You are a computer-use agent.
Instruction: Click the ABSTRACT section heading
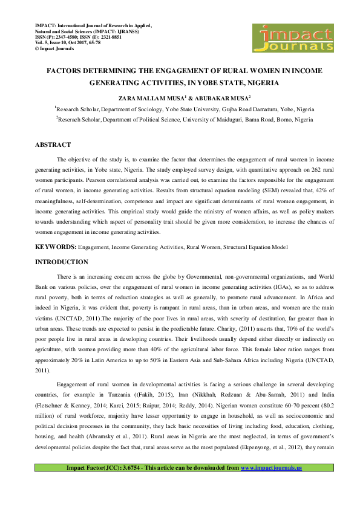[53, 144]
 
